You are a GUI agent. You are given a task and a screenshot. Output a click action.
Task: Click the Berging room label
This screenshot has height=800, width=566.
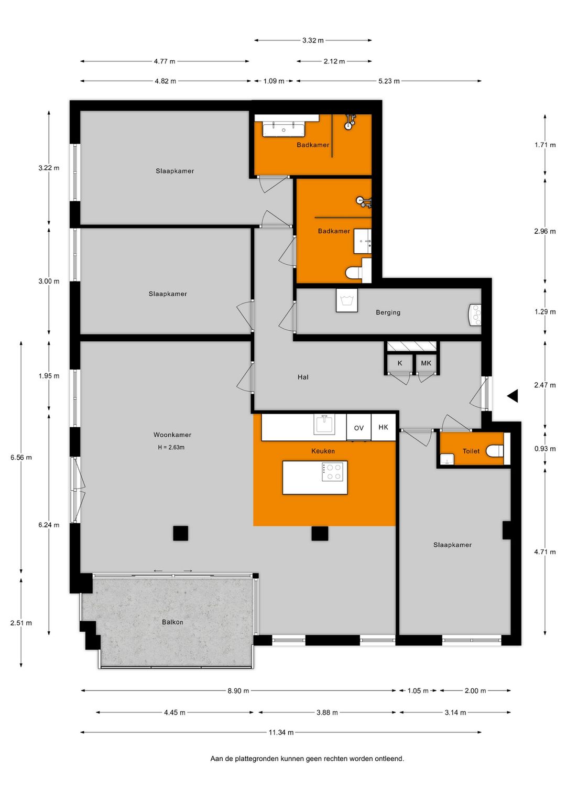tap(388, 312)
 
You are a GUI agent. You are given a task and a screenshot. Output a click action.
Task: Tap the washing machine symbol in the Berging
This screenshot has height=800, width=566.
tap(346, 300)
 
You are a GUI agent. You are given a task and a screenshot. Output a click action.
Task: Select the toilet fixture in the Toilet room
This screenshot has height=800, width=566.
tap(495, 451)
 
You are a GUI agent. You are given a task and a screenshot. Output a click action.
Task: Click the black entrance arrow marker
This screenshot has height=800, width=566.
tap(513, 396)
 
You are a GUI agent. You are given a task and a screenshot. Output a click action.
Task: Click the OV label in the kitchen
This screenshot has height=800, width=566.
tap(358, 428)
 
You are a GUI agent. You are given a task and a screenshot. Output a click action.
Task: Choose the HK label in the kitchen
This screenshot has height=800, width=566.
tap(383, 427)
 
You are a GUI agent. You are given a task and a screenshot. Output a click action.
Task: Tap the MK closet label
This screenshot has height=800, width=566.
tap(426, 363)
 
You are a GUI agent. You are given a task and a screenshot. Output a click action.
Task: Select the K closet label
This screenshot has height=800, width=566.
tap(400, 363)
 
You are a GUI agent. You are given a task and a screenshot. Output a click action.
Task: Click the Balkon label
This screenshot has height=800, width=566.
tap(172, 622)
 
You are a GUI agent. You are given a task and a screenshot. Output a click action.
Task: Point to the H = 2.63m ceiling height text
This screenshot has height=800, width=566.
tap(171, 447)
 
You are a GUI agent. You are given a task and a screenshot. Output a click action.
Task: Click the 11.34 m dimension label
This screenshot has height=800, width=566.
tap(281, 732)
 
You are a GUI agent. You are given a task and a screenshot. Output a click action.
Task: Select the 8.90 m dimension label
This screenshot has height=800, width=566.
tap(238, 691)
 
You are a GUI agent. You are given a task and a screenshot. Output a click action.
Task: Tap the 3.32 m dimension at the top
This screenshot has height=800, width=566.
tap(313, 40)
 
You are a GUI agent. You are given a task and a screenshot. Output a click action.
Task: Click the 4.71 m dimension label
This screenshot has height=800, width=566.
tap(545, 552)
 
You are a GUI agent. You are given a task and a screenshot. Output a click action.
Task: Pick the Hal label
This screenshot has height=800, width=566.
tap(303, 377)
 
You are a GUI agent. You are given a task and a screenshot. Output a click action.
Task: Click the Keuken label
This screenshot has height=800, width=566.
tap(323, 451)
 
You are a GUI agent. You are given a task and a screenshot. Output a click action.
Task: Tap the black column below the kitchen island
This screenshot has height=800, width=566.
tap(320, 533)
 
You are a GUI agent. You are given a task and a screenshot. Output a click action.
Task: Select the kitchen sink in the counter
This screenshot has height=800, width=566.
tap(324, 424)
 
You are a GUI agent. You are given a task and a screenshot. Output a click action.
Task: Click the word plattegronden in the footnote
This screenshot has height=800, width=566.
tap(259, 759)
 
